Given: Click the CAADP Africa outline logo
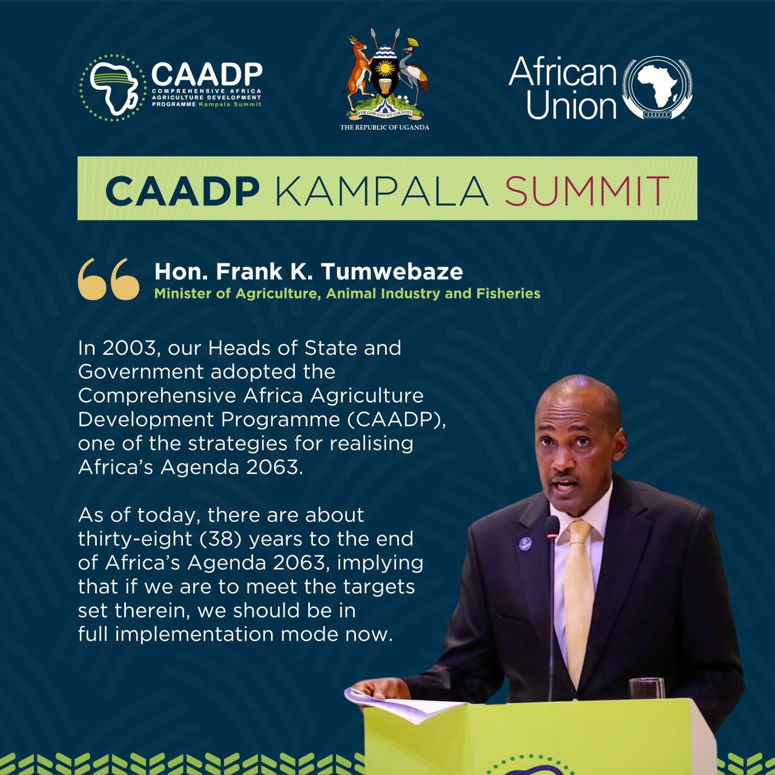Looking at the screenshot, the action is tap(113, 88).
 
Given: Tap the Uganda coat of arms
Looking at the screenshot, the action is tap(385, 75).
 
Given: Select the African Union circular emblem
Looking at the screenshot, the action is tap(657, 88).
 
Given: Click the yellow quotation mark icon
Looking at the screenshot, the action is tap(108, 279).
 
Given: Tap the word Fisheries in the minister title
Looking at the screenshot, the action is tap(508, 294).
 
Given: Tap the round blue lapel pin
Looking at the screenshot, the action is tap(526, 543).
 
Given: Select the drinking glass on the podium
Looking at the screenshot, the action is tap(646, 688).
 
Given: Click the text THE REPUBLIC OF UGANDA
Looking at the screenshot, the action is tap(385, 128).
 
